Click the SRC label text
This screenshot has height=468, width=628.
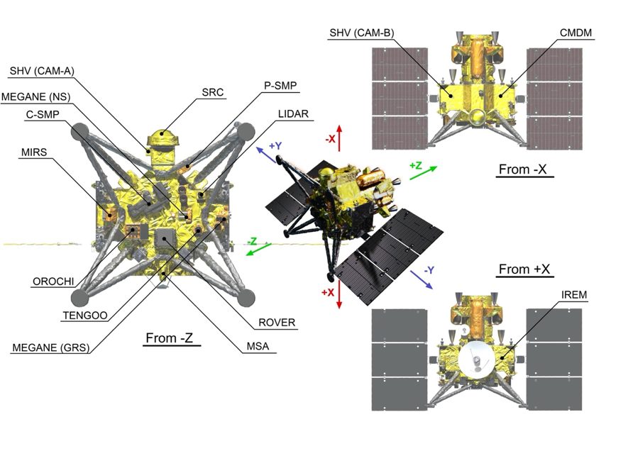tap(211, 93)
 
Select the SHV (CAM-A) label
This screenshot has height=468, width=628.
tap(43, 71)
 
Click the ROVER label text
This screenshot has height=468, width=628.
tap(277, 323)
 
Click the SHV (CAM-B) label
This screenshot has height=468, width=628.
tap(362, 33)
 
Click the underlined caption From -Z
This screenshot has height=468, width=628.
tap(169, 338)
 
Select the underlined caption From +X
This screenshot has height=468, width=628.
tap(525, 269)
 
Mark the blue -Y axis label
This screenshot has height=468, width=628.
tap(431, 271)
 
